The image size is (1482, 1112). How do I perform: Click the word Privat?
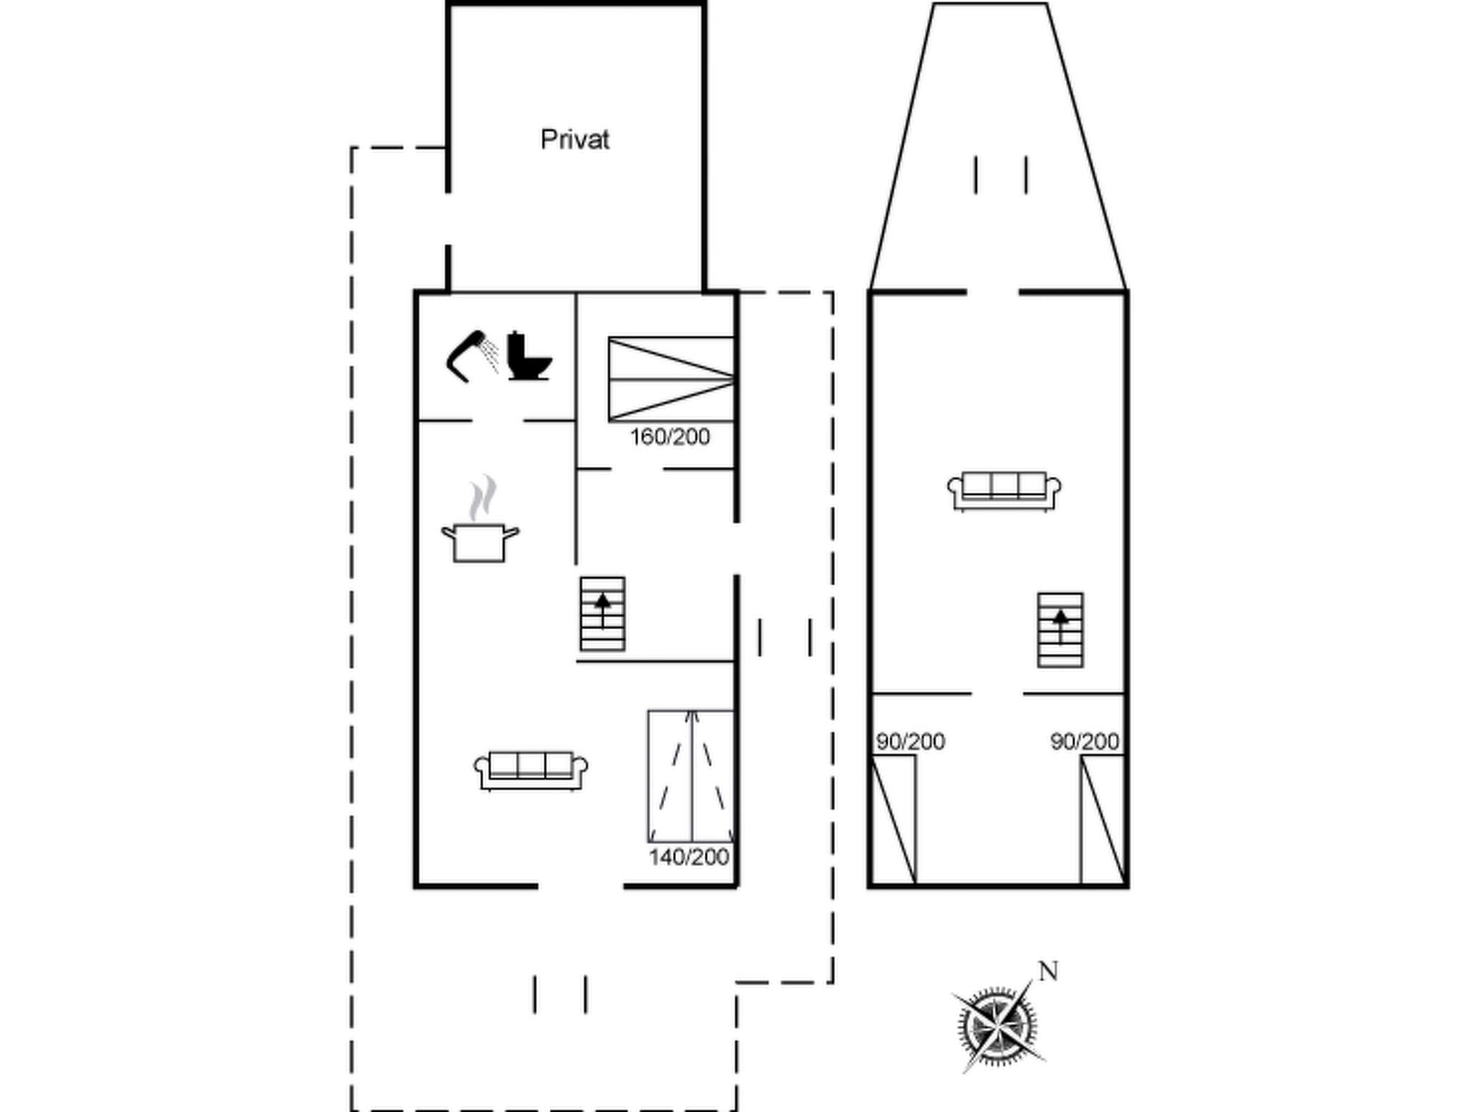(x=575, y=140)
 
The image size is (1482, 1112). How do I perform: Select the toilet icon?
(x=529, y=356)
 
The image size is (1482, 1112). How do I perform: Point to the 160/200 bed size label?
(x=670, y=437)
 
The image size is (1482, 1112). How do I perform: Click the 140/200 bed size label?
(x=688, y=857)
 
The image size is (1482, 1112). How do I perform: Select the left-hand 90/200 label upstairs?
(x=910, y=741)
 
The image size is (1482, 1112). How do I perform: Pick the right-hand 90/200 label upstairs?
(x=1085, y=741)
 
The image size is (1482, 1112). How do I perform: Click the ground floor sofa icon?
(x=530, y=770)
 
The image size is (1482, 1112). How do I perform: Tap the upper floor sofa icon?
(x=1004, y=491)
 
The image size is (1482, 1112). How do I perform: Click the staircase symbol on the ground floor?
(x=602, y=613)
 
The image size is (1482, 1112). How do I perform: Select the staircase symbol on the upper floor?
(x=1060, y=629)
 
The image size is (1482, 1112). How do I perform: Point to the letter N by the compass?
(x=1049, y=971)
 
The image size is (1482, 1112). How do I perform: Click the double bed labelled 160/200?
(x=671, y=379)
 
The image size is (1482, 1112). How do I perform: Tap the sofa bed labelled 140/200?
(x=691, y=775)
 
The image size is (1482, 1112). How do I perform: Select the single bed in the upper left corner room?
(x=894, y=819)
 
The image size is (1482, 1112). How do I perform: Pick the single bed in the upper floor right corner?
(x=1102, y=819)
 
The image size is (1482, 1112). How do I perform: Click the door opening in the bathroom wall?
(x=498, y=420)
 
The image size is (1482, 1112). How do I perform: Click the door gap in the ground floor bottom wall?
(x=580, y=885)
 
